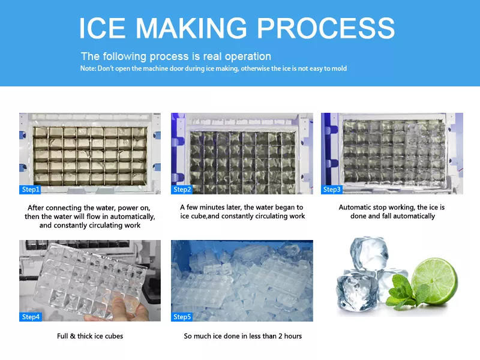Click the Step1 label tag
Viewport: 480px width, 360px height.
(x=30, y=190)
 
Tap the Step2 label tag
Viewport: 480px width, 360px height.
(x=182, y=190)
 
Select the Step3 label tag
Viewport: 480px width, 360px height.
(x=332, y=190)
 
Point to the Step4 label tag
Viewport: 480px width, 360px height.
(x=31, y=317)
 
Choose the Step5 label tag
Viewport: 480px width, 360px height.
(x=182, y=317)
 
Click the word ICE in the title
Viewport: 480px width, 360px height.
(x=102, y=28)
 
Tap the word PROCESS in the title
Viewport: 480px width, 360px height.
(x=326, y=28)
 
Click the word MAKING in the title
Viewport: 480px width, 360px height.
(x=191, y=28)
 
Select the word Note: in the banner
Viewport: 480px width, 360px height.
(x=88, y=68)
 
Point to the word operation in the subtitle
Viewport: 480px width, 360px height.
(x=248, y=57)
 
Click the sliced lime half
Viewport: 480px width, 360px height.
(x=434, y=281)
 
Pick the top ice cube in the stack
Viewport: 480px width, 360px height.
(x=369, y=254)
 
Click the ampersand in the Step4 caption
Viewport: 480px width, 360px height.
(x=73, y=336)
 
